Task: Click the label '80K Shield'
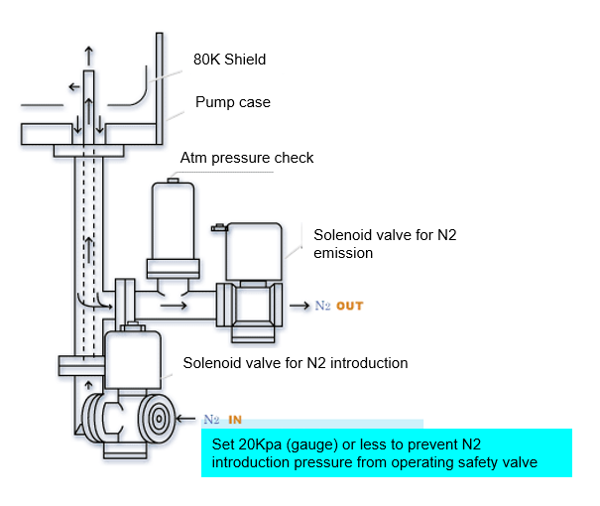(229, 60)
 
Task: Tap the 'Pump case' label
(232, 102)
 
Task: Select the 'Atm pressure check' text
(247, 158)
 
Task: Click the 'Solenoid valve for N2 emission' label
(371, 244)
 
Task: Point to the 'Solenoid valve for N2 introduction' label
(296, 363)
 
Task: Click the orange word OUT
(350, 306)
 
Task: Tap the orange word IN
(236, 420)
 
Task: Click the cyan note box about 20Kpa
(387, 452)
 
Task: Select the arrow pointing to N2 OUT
(299, 306)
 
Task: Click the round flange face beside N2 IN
(158, 418)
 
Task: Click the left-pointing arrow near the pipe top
(73, 86)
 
